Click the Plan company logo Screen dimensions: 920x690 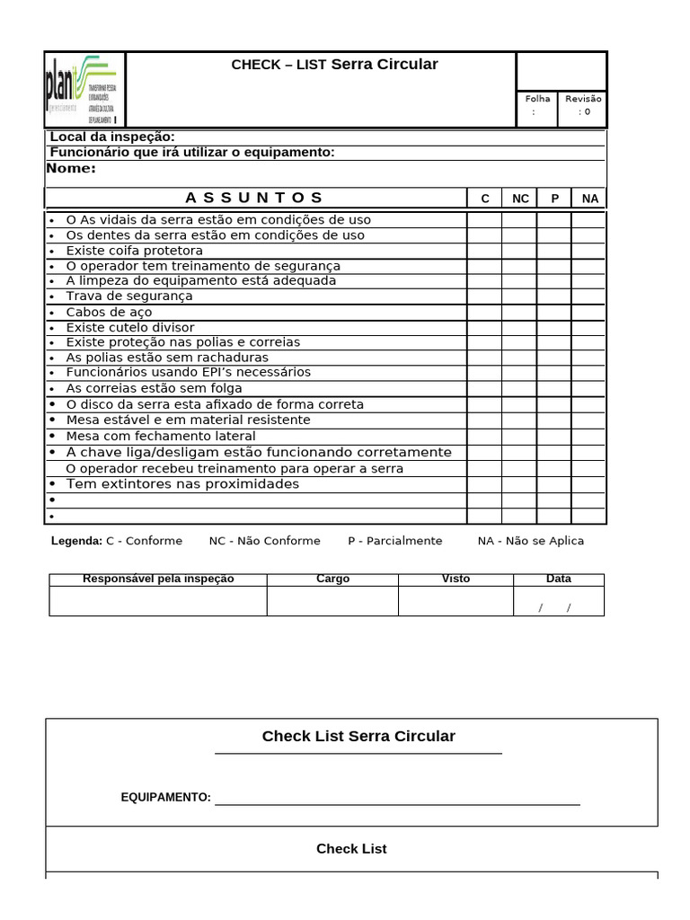tap(84, 90)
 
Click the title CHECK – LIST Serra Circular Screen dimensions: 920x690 tap(334, 64)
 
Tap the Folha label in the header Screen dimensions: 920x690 tap(537, 99)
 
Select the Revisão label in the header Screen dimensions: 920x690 tap(584, 99)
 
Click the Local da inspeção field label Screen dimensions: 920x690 tap(112, 137)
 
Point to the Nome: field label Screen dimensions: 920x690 tap(72, 168)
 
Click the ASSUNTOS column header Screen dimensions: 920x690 tap(254, 198)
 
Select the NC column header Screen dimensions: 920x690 tap(520, 199)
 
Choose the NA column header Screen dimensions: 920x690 tap(589, 199)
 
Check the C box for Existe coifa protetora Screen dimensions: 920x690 tap(484, 251)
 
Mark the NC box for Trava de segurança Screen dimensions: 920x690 tap(519, 296)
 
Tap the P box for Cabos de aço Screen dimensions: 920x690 tap(554, 313)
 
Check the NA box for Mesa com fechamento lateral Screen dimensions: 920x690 tap(589, 436)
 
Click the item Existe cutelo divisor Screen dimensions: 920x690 tap(129, 328)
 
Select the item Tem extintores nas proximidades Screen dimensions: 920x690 tap(182, 484)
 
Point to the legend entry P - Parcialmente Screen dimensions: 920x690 tap(394, 541)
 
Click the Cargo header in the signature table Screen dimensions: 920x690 tap(332, 579)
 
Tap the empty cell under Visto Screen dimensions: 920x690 tap(456, 601)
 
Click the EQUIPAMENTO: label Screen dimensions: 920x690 tap(165, 797)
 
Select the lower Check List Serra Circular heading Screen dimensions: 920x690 tap(358, 737)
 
